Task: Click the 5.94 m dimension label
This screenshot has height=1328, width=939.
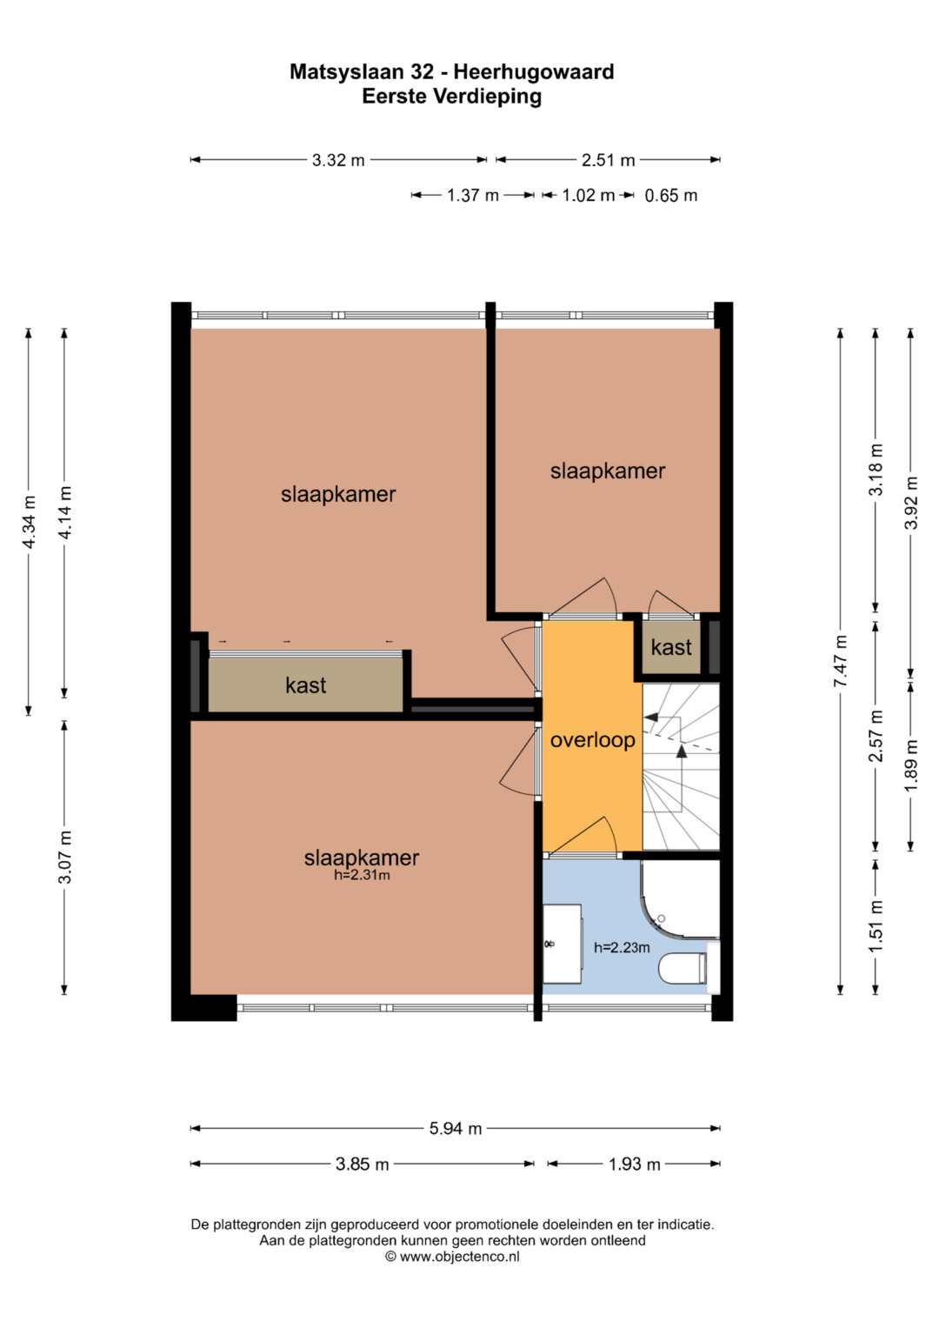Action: (456, 1128)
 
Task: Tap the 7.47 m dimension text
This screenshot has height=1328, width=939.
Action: (840, 661)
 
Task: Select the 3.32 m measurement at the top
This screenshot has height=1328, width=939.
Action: (338, 160)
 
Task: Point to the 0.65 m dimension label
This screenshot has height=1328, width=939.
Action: (670, 195)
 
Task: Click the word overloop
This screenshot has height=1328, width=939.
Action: (592, 740)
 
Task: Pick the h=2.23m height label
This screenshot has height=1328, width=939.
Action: (622, 947)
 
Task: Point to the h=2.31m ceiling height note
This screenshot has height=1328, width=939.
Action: (362, 875)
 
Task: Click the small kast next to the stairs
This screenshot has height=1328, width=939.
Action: (671, 647)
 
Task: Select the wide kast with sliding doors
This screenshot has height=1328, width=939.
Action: (305, 684)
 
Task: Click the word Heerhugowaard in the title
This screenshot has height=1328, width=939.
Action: (534, 71)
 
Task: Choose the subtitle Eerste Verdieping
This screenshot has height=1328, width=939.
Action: (452, 96)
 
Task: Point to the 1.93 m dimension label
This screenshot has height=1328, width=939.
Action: (635, 1165)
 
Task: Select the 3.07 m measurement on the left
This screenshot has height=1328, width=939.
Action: (64, 858)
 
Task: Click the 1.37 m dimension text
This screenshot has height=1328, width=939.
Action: (472, 195)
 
